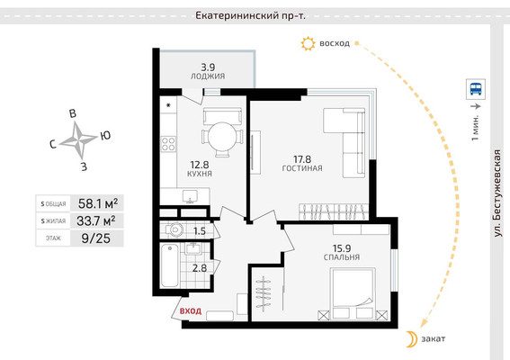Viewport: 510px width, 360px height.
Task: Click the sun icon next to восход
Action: pos(308,43)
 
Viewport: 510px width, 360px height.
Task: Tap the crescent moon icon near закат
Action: pos(412,339)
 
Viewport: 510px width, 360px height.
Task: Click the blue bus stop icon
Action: pos(476,89)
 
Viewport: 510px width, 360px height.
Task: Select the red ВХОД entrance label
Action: pos(191,310)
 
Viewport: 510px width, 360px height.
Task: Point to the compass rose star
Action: pos(78,140)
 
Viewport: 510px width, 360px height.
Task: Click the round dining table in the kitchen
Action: pos(222,137)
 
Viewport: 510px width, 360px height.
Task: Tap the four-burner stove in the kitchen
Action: pos(168,144)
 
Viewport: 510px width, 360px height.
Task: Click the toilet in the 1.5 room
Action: pos(174,229)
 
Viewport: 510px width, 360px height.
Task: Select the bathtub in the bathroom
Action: pos(169,265)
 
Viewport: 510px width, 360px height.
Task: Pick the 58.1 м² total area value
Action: pos(98,203)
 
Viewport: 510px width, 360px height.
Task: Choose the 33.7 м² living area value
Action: pos(96,220)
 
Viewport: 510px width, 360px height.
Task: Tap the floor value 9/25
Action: pos(96,238)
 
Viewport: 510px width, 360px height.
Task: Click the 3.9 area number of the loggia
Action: pos(208,67)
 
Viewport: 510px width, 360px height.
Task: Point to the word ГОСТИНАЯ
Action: pos(302,168)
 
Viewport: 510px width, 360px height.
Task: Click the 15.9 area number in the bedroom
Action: pos(342,248)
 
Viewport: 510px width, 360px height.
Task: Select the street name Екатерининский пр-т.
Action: pos(250,15)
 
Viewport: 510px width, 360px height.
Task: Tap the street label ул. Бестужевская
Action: pos(497,193)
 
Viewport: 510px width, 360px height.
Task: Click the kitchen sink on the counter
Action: pos(190,196)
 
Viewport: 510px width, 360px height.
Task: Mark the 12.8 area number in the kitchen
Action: pos(200,165)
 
